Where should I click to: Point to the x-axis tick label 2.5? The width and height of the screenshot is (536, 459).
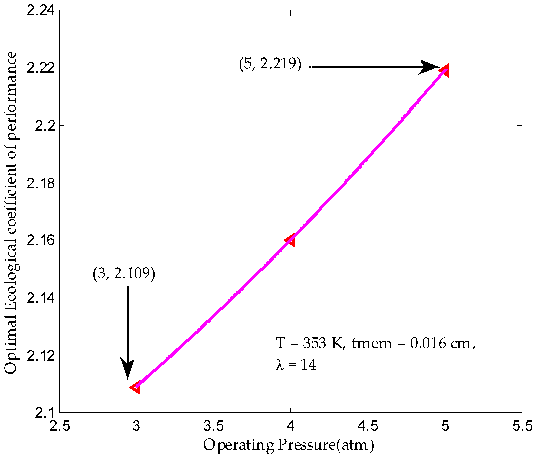point(60,426)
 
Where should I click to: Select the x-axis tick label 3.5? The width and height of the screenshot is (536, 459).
point(213,426)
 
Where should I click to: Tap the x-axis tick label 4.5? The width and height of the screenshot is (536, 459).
point(368,426)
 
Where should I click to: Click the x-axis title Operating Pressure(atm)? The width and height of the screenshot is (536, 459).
point(288,445)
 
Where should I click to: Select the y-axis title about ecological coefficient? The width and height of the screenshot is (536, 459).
point(11,212)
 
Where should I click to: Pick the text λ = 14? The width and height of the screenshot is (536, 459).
point(296,365)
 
